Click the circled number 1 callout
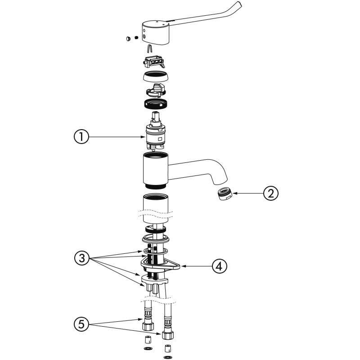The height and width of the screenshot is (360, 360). (x=81, y=137)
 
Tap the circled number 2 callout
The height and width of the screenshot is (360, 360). (x=271, y=193)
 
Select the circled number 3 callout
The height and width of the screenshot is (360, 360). (x=82, y=258)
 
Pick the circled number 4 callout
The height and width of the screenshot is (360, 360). (x=220, y=266)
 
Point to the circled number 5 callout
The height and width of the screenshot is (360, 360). (x=81, y=324)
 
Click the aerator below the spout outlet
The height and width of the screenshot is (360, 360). (x=225, y=193)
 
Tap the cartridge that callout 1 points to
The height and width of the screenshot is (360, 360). (x=156, y=131)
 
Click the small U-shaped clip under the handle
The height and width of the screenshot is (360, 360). (x=149, y=48)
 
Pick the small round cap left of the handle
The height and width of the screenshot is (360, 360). (x=128, y=38)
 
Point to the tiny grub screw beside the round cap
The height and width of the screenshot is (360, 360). (x=136, y=37)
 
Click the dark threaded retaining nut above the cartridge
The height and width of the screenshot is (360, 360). (x=155, y=104)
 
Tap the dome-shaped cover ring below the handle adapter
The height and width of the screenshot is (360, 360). (x=155, y=76)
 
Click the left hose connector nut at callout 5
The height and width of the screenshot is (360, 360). (x=148, y=326)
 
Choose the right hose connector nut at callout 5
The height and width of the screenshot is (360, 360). (x=168, y=335)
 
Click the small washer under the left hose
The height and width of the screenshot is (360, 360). (x=148, y=348)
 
